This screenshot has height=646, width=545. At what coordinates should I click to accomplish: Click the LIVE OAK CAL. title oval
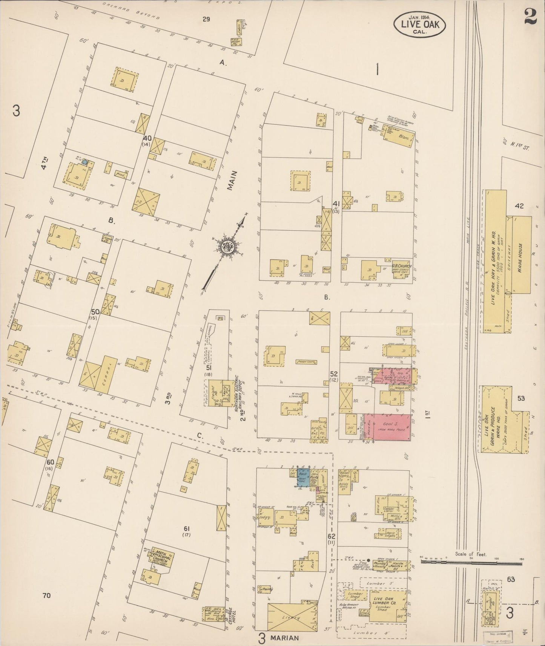(419, 23)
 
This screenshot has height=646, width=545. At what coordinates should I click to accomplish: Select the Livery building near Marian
(293, 618)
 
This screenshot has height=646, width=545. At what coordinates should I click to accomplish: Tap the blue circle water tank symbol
(85, 162)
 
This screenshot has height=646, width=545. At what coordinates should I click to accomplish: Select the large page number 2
(530, 16)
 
